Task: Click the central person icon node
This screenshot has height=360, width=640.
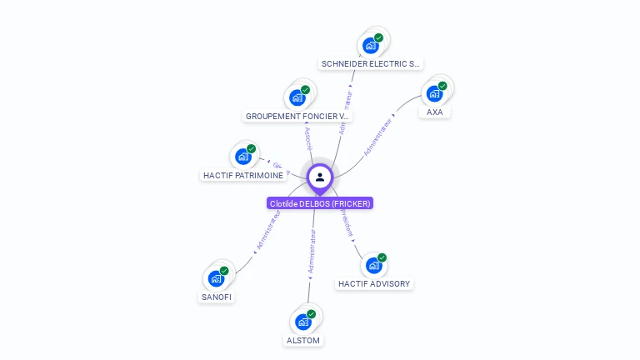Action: (320, 177)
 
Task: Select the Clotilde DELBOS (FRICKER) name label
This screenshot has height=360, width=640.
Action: (320, 203)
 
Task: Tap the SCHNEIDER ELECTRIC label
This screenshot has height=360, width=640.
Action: (371, 63)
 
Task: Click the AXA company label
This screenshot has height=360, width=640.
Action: (434, 112)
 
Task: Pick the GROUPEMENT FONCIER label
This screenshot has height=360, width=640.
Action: (298, 116)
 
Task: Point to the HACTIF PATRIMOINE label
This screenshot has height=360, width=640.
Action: (243, 176)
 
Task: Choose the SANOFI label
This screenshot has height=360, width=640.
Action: (217, 297)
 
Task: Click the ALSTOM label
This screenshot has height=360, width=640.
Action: (303, 340)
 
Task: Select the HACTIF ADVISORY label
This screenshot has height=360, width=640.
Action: (374, 283)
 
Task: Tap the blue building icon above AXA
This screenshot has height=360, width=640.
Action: (434, 93)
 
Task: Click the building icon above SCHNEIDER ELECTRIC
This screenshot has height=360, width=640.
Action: (371, 46)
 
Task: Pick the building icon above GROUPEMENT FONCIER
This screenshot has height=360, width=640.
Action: (297, 97)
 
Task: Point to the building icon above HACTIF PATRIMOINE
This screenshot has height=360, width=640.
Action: (243, 157)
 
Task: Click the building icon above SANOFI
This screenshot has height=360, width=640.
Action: (217, 278)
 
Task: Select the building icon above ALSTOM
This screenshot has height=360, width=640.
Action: (303, 322)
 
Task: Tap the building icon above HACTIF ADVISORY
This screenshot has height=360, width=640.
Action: (374, 265)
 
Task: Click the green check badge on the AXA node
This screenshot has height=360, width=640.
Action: (442, 86)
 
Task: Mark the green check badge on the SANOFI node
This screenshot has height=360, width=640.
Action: (224, 271)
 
